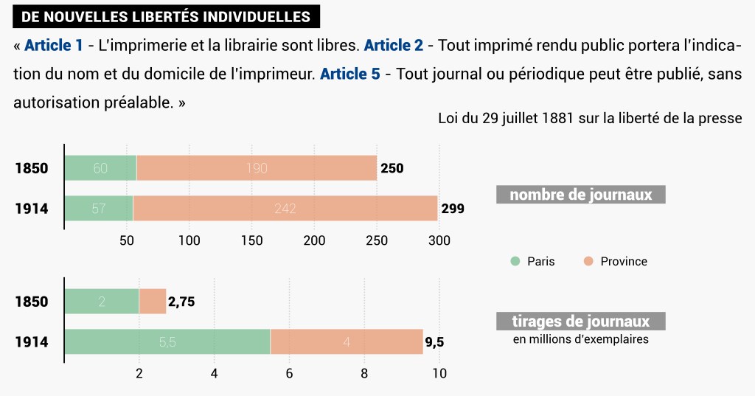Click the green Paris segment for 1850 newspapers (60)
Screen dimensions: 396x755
pyautogui.click(x=100, y=168)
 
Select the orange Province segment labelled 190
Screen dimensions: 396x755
pyautogui.click(x=257, y=168)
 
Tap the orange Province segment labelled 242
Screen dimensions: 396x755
pyautogui.click(x=285, y=209)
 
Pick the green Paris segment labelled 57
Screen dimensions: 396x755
pyautogui.click(x=99, y=209)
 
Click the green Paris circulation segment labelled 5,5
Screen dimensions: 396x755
pyautogui.click(x=167, y=342)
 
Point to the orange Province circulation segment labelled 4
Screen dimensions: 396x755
pyautogui.click(x=347, y=342)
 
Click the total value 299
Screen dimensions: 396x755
pyautogui.click(x=453, y=209)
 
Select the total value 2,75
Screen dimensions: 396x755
pyautogui.click(x=181, y=302)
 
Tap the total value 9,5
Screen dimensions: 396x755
pyautogui.click(x=434, y=342)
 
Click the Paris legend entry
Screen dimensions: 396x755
pyautogui.click(x=533, y=261)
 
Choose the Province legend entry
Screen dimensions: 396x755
pyautogui.click(x=616, y=261)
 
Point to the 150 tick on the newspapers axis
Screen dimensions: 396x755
pyautogui.click(x=252, y=240)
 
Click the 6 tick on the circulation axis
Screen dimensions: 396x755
pyautogui.click(x=289, y=373)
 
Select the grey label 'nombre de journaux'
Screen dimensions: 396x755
pyautogui.click(x=581, y=195)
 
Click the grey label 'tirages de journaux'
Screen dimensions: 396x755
pyautogui.click(x=581, y=322)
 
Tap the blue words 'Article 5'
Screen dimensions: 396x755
pyautogui.click(x=350, y=74)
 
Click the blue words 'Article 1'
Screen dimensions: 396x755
pyautogui.click(x=54, y=46)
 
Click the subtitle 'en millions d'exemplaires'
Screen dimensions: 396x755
pyautogui.click(x=581, y=339)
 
